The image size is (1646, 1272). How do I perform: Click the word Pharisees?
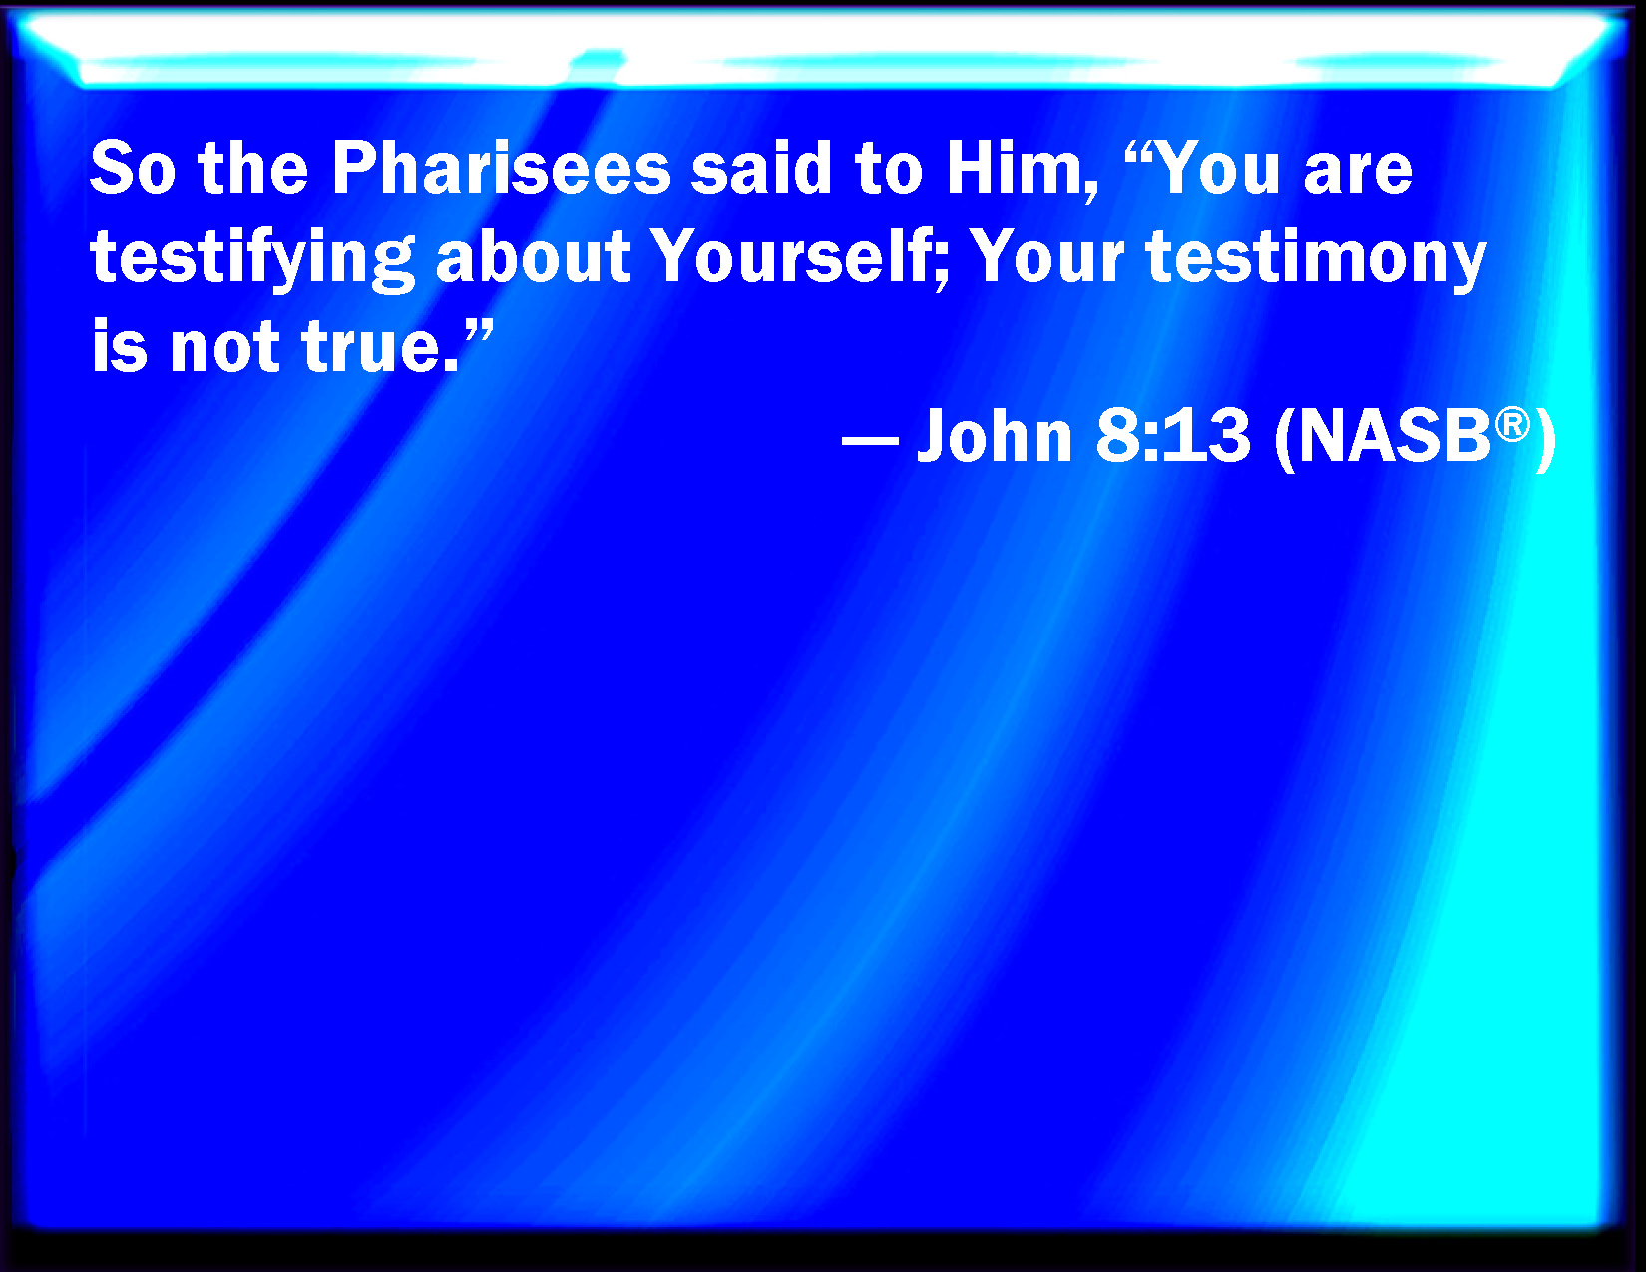[502, 168]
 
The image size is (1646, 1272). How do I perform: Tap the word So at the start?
[133, 168]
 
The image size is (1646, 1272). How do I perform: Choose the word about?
[534, 257]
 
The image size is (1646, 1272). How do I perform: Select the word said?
[762, 168]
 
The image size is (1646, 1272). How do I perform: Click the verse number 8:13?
[1172, 435]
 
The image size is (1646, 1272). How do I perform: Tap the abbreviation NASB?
[1395, 435]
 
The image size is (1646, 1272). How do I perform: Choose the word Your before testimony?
[1048, 257]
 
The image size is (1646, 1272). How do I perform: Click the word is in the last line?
[119, 345]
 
